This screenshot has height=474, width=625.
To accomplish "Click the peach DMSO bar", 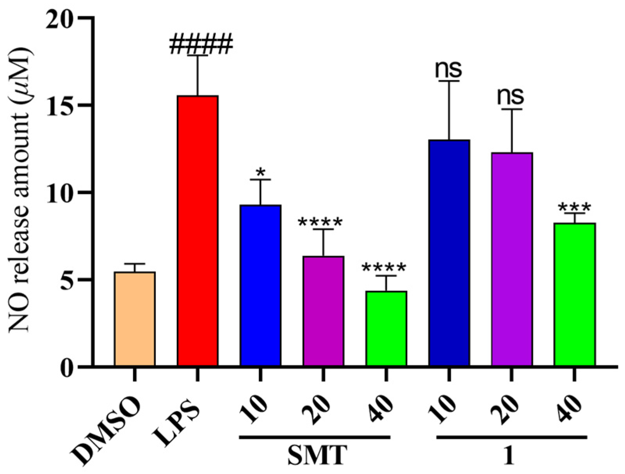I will tap(135, 319).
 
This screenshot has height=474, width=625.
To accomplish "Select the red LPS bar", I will tap(198, 231).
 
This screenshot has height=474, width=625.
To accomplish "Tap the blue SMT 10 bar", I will tap(260, 285).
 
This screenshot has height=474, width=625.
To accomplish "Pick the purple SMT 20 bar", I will tap(323, 311).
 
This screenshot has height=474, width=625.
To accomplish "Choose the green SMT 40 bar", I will tap(386, 328).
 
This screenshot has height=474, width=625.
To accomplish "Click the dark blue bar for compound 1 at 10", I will tap(449, 253).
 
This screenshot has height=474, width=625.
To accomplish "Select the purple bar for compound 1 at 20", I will tap(512, 259).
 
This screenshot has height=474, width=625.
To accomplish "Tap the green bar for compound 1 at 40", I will tap(575, 295).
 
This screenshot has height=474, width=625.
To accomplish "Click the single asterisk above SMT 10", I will tap(260, 172).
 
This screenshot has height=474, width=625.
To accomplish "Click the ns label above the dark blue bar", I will tap(449, 69).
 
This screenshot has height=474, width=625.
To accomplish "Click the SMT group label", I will tap(317, 455).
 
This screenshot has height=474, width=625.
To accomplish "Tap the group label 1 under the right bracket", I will tap(508, 456).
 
